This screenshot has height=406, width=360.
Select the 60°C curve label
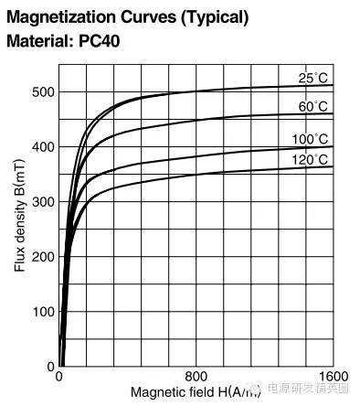pos(312,106)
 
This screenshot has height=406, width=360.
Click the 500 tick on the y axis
pos(43,92)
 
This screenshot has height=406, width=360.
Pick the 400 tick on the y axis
pos(43,147)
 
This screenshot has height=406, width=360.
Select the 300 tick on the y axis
pos(43,202)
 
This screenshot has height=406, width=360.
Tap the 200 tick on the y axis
pos(43,257)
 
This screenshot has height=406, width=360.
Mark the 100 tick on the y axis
pos(43,312)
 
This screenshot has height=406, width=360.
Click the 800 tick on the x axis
pos(196,377)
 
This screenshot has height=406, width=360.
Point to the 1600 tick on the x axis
pos(334,377)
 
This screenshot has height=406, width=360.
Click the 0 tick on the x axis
pos(59,377)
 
